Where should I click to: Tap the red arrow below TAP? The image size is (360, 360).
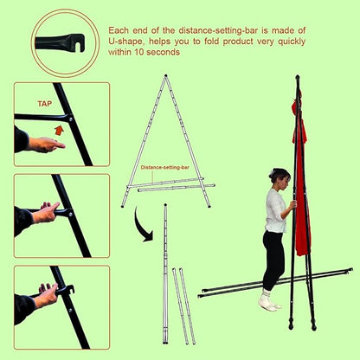(x=60, y=128)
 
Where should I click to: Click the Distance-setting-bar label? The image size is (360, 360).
(x=164, y=168)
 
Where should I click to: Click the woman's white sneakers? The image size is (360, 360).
(x=271, y=304)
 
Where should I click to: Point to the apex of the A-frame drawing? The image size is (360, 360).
(x=164, y=77)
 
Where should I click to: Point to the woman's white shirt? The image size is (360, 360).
(x=275, y=210)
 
